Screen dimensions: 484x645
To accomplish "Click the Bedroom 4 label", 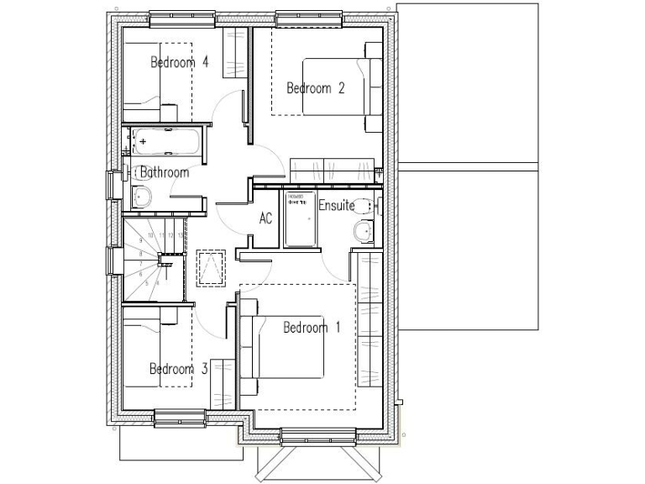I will [x=180, y=62].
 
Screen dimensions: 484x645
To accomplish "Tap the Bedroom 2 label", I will [x=316, y=88].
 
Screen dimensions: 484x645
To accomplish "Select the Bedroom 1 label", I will [x=311, y=328].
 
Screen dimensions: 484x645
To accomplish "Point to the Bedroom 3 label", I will [x=178, y=369].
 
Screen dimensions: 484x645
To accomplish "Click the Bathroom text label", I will [x=165, y=173].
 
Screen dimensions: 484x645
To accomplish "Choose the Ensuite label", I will [x=336, y=206].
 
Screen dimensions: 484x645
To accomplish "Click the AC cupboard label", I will [x=265, y=218].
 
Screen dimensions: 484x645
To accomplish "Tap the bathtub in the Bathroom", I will [x=165, y=142].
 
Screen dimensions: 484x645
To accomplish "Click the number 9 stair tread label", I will [x=140, y=240].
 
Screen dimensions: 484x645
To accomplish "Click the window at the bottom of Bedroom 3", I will [x=180, y=418].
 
